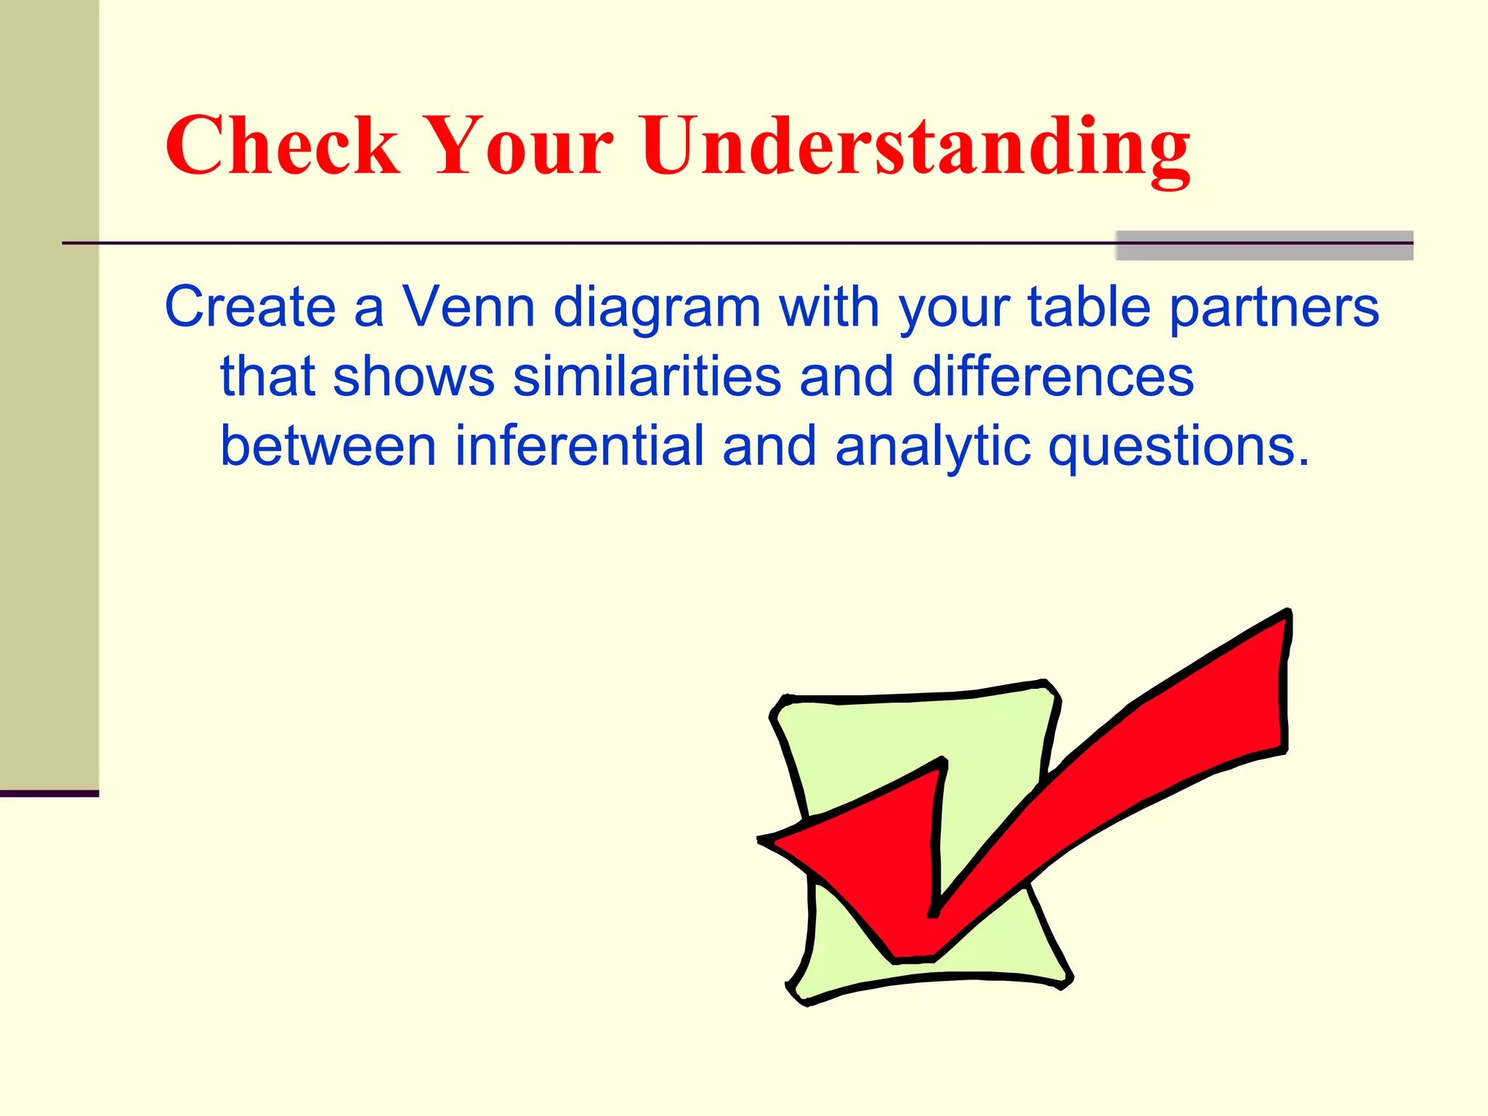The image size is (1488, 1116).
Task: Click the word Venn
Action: coord(469,307)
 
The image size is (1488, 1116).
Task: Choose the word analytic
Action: coord(932,447)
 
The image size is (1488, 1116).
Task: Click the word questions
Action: coord(1178,447)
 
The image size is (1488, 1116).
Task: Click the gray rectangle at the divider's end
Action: coord(1263,246)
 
